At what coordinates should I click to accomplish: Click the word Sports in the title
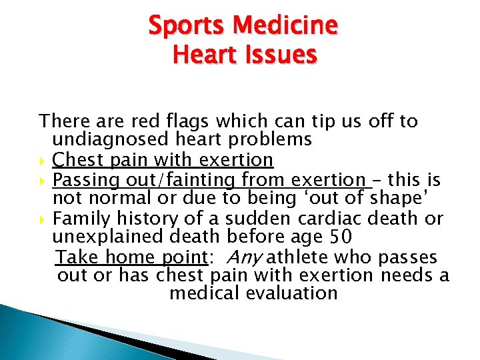coord(188,26)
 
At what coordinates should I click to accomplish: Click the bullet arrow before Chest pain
coord(43,161)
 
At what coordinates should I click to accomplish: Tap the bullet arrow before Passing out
coord(43,180)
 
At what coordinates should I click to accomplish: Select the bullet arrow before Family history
coord(43,219)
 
